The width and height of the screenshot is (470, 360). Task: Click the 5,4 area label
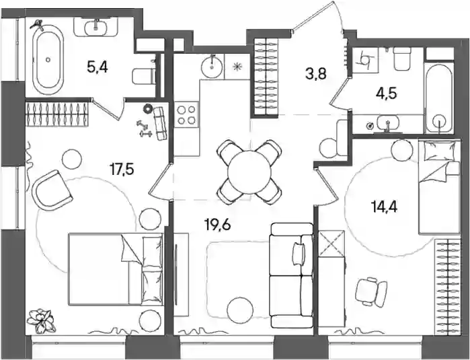[97, 68]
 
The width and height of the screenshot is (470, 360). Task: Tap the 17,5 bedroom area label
[122, 170]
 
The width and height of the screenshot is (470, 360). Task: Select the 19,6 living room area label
[217, 224]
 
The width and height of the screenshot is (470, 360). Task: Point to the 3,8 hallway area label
[315, 73]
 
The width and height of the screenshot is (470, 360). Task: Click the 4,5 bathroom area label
[387, 94]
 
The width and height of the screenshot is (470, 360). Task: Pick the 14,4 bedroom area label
[384, 207]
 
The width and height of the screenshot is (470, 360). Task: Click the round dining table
[249, 172]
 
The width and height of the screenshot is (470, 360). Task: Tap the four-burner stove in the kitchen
[186, 115]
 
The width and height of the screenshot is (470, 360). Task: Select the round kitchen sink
[212, 67]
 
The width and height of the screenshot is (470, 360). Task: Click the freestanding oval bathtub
[48, 60]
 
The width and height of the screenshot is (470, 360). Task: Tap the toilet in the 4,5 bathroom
[401, 59]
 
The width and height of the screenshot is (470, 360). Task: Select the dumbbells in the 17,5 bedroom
[145, 129]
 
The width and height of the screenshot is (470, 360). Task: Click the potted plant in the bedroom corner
[42, 321]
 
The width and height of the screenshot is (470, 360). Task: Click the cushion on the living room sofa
[298, 254]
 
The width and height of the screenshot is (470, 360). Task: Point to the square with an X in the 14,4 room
[331, 243]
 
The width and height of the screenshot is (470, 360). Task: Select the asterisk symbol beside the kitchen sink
[237, 67]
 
